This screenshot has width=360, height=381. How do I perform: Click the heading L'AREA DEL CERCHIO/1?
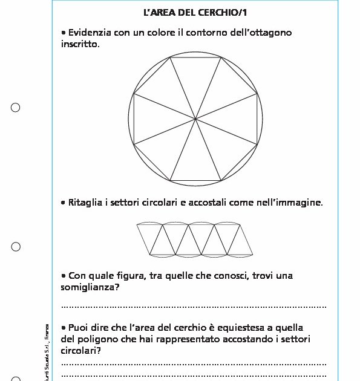click(195, 13)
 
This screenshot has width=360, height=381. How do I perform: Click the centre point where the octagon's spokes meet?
click(195, 119)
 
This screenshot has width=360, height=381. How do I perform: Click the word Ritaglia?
click(86, 203)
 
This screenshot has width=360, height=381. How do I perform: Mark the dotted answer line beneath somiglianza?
click(194, 307)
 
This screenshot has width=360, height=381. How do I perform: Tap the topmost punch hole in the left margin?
click(16, 108)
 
